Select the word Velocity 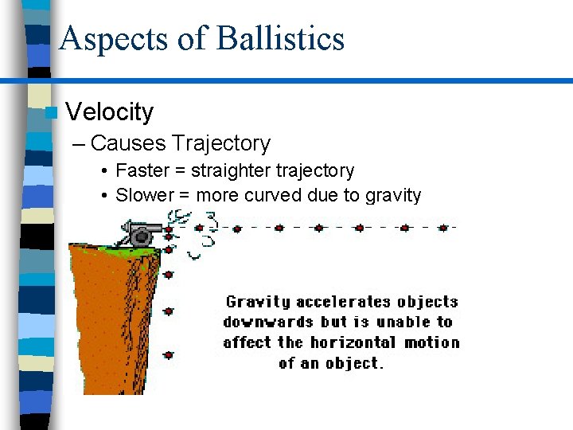(x=110, y=112)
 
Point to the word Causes (x=128, y=143)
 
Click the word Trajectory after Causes (x=221, y=143)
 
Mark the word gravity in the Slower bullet (x=393, y=195)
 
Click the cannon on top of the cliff (x=141, y=234)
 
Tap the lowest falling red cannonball (x=169, y=354)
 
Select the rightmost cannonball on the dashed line (x=443, y=228)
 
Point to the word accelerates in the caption (x=345, y=302)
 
